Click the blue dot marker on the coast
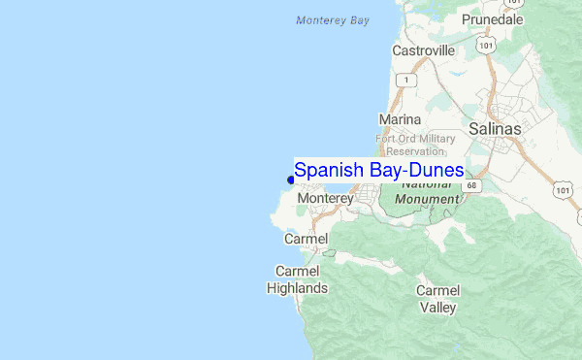[x=291, y=179]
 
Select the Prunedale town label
[x=492, y=19]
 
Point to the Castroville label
[x=424, y=49]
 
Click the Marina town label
[x=399, y=119]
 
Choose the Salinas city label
[x=494, y=128]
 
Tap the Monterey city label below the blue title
[x=326, y=198]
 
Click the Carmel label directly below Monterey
[x=307, y=238]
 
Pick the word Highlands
[x=299, y=288]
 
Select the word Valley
[x=437, y=308]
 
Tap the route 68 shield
[x=471, y=184]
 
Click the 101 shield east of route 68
[x=564, y=190]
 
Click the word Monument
[x=427, y=198]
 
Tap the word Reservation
[x=415, y=150]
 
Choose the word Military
[x=433, y=138]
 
